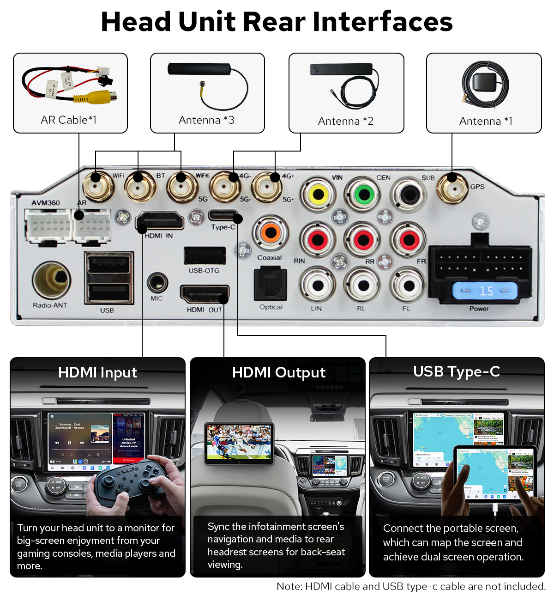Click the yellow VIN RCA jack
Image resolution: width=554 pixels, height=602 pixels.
tap(318, 195)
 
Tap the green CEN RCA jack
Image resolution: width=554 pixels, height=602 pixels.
tap(364, 194)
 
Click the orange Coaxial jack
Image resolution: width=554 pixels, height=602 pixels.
tap(271, 232)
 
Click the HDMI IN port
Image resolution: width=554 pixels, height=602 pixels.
tap(160, 221)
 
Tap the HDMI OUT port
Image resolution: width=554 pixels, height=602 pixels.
tap(205, 294)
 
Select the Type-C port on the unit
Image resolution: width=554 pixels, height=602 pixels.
tap(223, 215)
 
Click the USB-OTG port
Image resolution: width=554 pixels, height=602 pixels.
tap(205, 256)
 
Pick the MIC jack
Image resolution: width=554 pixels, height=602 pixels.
tap(157, 282)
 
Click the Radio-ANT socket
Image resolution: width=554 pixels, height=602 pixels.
tap(51, 280)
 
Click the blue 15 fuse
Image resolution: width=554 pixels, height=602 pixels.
tap(484, 291)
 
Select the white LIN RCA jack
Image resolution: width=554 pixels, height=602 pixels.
tap(317, 286)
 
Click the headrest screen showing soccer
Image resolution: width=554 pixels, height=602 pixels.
tap(239, 443)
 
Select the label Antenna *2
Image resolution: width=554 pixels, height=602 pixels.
tap(346, 121)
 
